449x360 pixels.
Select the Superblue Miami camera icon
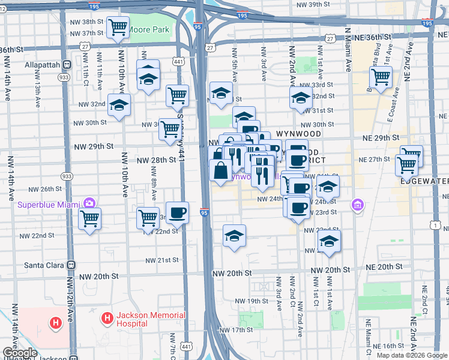[x=90, y=202]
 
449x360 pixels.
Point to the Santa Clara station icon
[x=71, y=265]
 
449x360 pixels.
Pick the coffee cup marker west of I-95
[x=177, y=213]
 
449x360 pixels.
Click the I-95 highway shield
[x=205, y=212]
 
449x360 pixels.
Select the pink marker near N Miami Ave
[x=358, y=206]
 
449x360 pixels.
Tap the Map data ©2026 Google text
[x=412, y=355]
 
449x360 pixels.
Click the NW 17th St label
[x=236, y=330]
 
